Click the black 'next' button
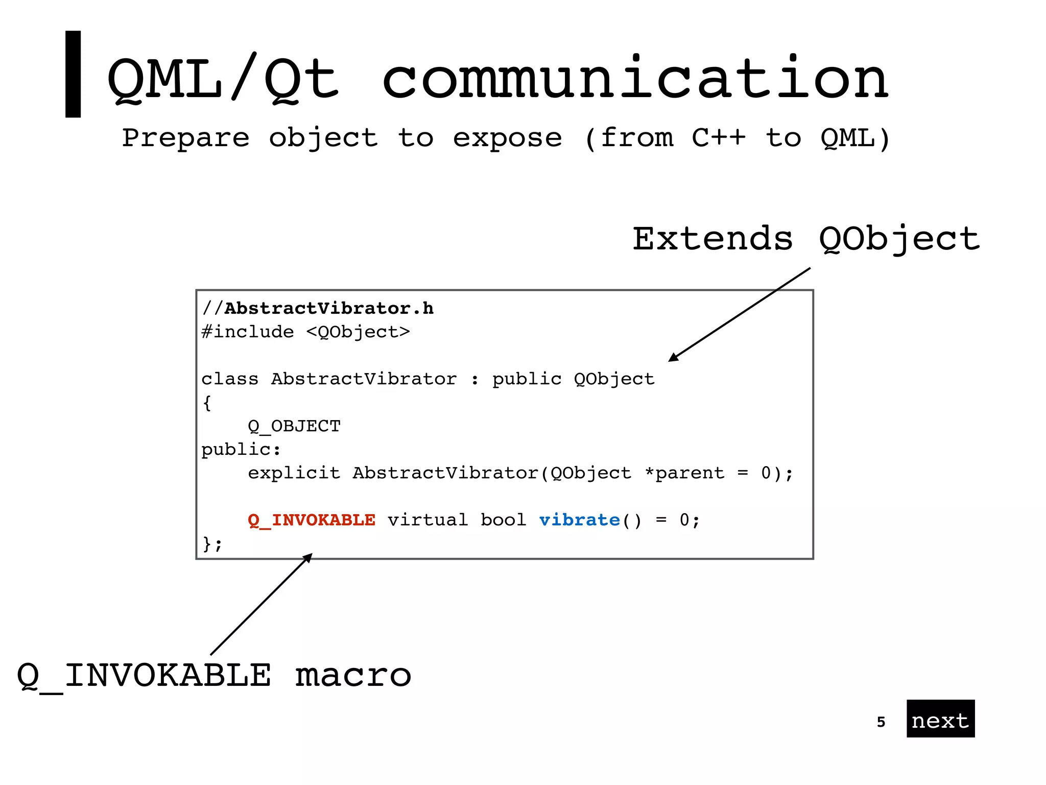click(940, 719)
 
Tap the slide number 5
click(881, 722)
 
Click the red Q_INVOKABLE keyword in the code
click(312, 520)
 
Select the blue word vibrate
click(579, 520)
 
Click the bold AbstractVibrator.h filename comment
click(328, 308)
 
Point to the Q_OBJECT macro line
click(294, 426)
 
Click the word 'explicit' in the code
click(294, 473)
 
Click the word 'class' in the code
click(230, 379)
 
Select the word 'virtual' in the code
click(427, 520)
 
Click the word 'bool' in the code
click(503, 520)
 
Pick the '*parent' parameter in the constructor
click(684, 473)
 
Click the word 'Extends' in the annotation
click(712, 239)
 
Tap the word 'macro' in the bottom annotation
click(353, 675)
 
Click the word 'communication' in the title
click(635, 79)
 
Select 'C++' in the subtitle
click(719, 137)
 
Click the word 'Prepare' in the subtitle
click(185, 137)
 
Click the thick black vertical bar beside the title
click(73, 74)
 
